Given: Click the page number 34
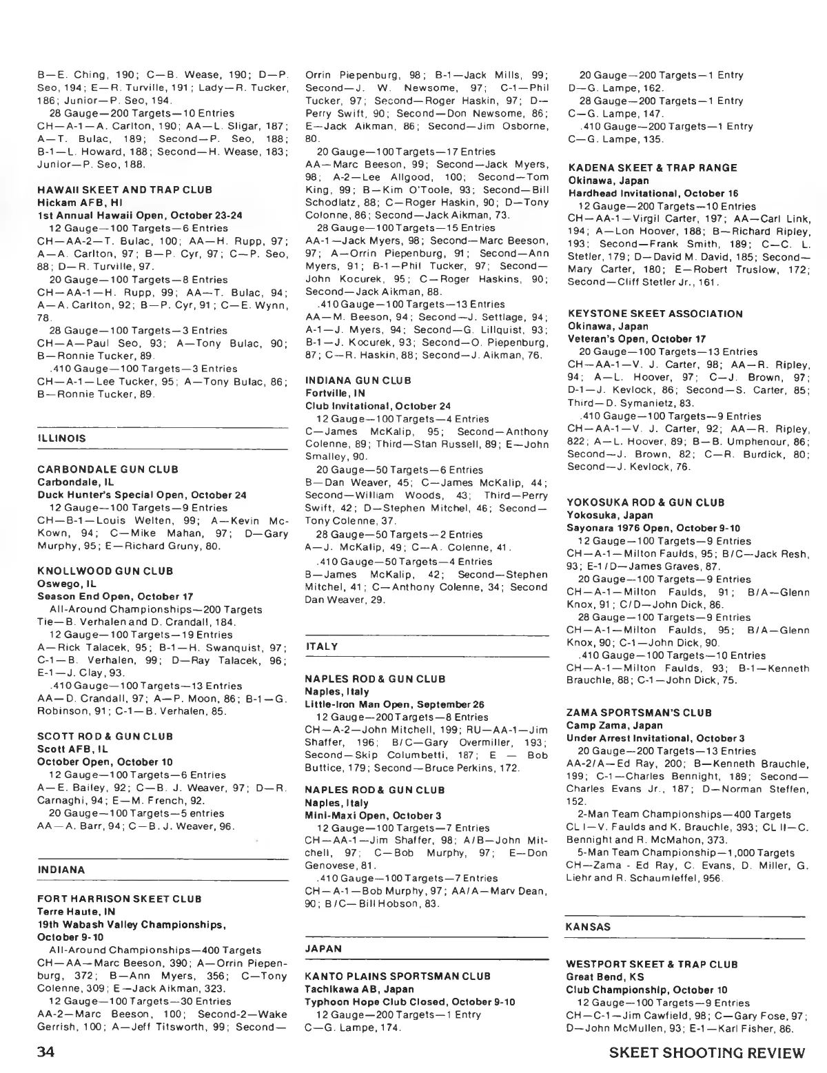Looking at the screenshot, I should pos(50,1054).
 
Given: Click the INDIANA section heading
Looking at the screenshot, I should pos(61,870).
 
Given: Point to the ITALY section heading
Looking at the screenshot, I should pos(322,646).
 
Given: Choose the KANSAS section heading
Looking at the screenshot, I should pos(588,927).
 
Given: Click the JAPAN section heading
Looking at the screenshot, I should pos(323,948).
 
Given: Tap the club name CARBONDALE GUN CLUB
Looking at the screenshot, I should pos(108,469).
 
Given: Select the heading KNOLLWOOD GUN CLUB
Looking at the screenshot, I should pos(105,571).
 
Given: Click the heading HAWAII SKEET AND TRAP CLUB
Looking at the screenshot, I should pos(124,190).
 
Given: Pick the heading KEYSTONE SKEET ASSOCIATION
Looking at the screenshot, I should pos(655,314).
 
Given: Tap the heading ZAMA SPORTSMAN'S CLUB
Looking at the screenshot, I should pos(639,713).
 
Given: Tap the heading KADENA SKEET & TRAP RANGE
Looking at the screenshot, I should pos(652,167).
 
